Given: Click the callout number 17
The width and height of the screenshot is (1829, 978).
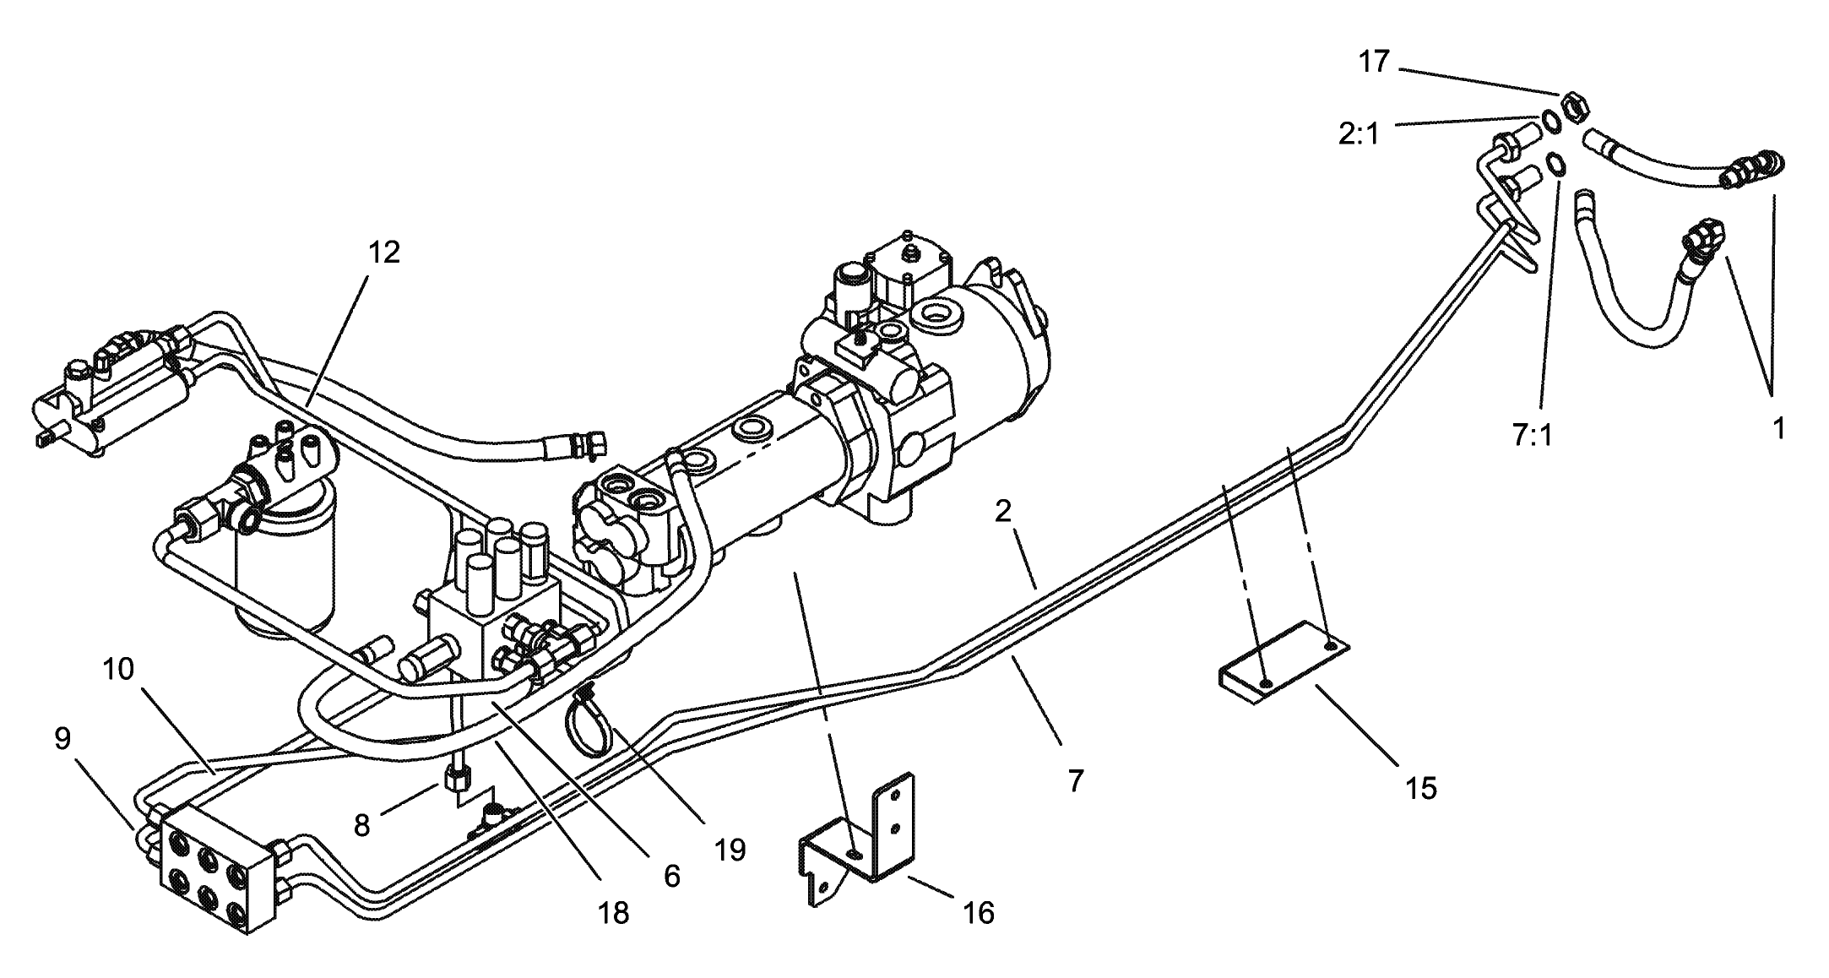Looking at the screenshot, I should coord(1374,62).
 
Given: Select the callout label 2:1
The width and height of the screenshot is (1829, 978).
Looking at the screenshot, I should coord(1359,133).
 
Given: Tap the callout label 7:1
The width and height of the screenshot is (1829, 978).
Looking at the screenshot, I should coord(1533,436).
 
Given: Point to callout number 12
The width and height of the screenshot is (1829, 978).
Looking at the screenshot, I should coord(384,252).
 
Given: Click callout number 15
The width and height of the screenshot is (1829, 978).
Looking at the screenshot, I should coord(1420,787).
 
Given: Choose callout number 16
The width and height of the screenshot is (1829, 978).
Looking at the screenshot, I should coord(979,912).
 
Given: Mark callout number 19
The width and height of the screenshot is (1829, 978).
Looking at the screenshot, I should coord(730,849).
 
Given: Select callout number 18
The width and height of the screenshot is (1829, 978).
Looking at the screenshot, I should coord(614,912).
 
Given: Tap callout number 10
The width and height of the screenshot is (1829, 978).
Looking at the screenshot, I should coord(118,670).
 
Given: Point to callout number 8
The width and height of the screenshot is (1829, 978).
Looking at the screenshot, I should coord(361,824).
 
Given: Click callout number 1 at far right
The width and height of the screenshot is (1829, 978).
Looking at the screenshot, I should coord(1778,429).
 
